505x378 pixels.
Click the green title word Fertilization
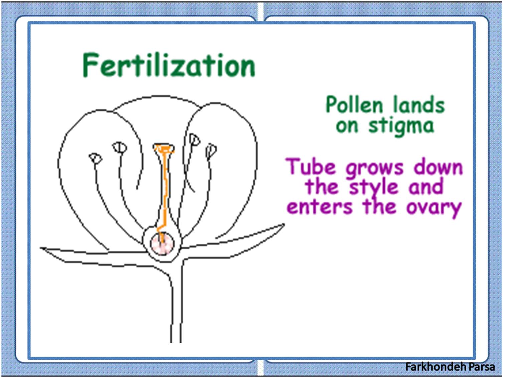coord(169,65)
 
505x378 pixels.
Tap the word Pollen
coord(354,105)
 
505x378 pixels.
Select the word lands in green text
coord(419,105)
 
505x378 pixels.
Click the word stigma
coord(401,126)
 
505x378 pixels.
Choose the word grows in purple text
coord(374,168)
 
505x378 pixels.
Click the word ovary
coord(434,208)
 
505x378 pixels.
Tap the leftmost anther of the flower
coord(96,158)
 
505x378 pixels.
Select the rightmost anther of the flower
coord(211,151)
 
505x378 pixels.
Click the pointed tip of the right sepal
coord(283,225)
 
